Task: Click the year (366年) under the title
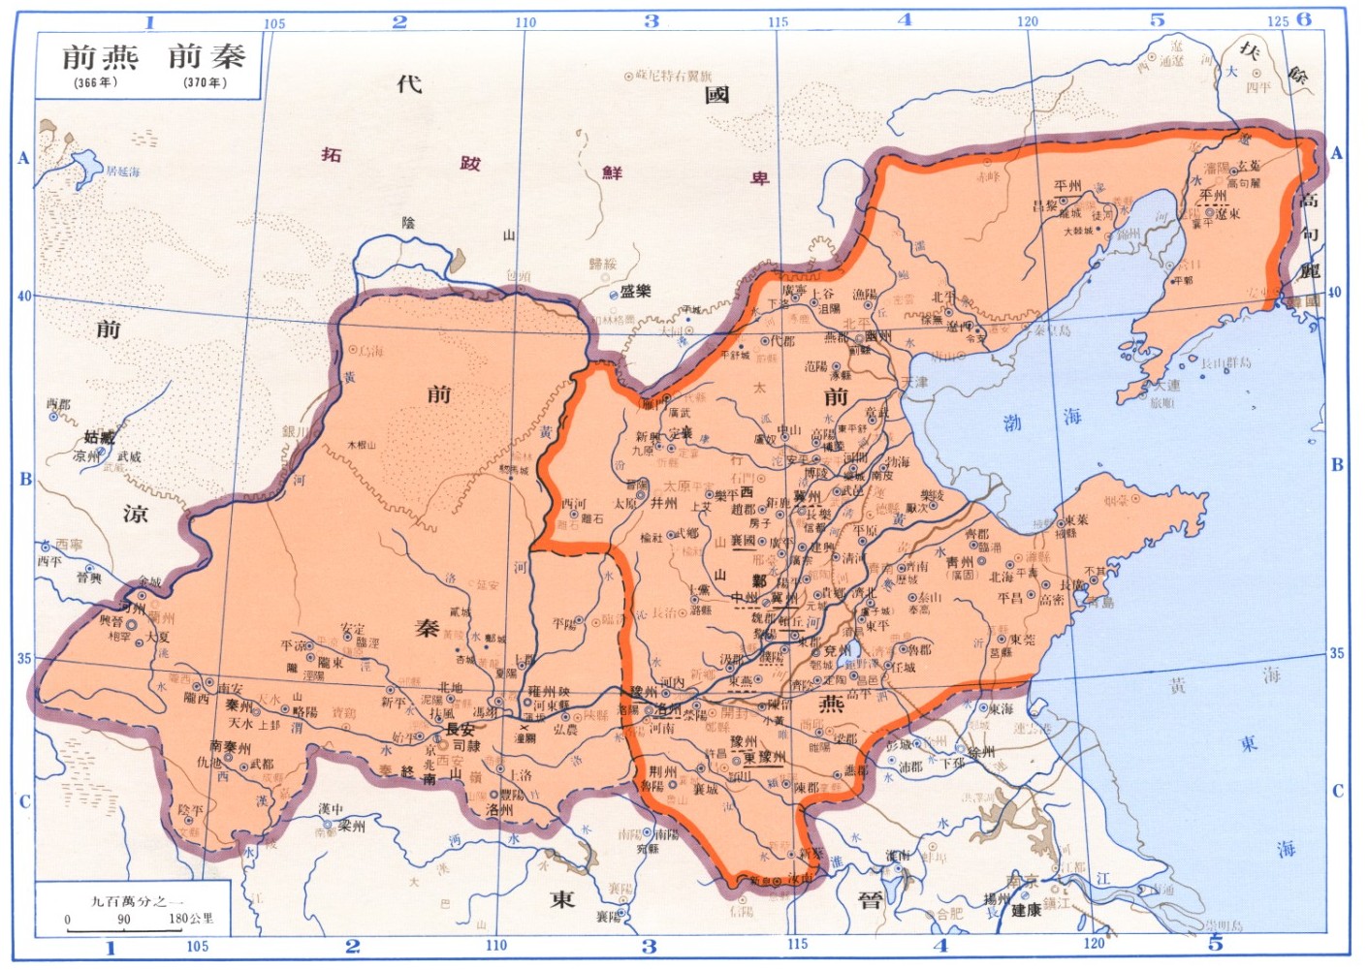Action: pos(95,82)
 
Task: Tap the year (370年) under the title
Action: pos(205,82)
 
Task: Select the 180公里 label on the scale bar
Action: pos(191,918)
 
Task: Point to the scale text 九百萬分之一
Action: pos(136,900)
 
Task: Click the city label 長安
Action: pos(460,729)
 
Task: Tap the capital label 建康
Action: pos(1026,910)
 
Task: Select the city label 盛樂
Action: pos(635,292)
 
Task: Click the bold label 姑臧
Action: pos(99,438)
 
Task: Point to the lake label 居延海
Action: pos(123,172)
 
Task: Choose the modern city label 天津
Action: pos(914,382)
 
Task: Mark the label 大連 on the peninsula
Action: pos(1166,386)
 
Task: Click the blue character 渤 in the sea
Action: pos(1012,422)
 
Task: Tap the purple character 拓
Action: pos(332,155)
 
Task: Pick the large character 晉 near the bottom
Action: pos(871,900)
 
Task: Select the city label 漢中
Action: pos(331,808)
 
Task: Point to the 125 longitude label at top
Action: pos(1277,21)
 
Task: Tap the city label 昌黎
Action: pos(1044,205)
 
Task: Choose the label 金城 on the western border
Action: pos(150,582)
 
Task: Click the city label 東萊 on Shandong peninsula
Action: pos(1075,519)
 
